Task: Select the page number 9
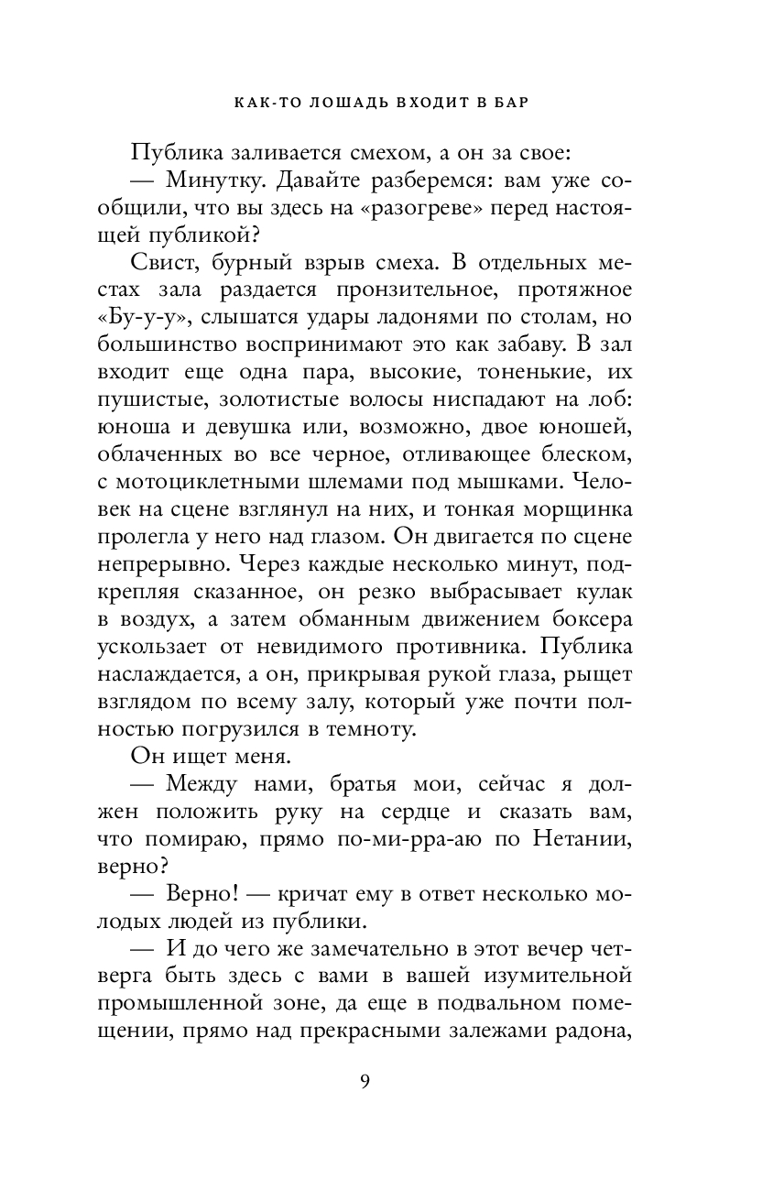(365, 1081)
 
